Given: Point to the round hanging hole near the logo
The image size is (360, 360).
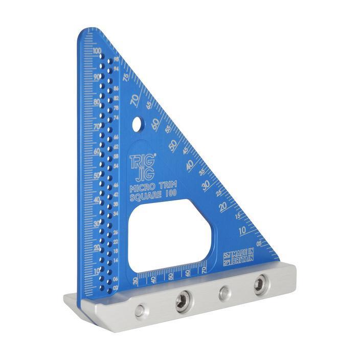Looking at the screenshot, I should click(137, 124).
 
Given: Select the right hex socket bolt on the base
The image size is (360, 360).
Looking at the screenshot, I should click(260, 283).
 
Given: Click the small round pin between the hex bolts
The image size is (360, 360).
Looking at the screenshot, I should click(224, 293).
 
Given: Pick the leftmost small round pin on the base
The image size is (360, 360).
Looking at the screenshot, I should click(140, 309).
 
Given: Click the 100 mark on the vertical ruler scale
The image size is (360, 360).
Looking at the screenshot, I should click(96, 51).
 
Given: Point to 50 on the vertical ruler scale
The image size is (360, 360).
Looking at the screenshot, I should click(97, 175).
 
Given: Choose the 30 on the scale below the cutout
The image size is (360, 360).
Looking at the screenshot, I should click(135, 280).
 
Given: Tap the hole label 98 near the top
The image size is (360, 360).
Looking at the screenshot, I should click(116, 59).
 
